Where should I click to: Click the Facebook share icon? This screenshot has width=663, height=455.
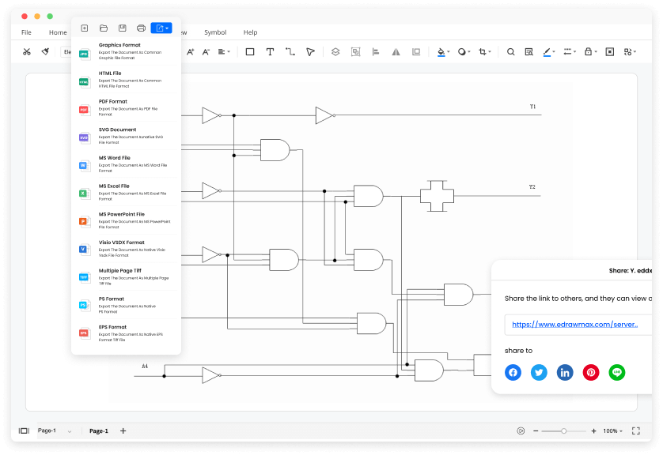[513, 373]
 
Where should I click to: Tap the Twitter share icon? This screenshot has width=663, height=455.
[539, 373]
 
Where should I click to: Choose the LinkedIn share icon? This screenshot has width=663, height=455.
[565, 373]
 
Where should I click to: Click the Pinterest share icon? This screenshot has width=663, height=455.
[591, 373]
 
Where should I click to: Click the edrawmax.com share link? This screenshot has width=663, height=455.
[575, 324]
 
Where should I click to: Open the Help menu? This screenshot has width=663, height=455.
[250, 32]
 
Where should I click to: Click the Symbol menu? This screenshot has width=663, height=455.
[215, 32]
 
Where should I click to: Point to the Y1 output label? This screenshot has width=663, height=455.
[532, 107]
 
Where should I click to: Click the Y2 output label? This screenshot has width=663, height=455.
[532, 187]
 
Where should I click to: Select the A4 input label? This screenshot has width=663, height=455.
[145, 367]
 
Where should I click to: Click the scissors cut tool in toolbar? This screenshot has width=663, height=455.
[27, 52]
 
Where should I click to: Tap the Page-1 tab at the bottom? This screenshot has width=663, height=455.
[99, 431]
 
